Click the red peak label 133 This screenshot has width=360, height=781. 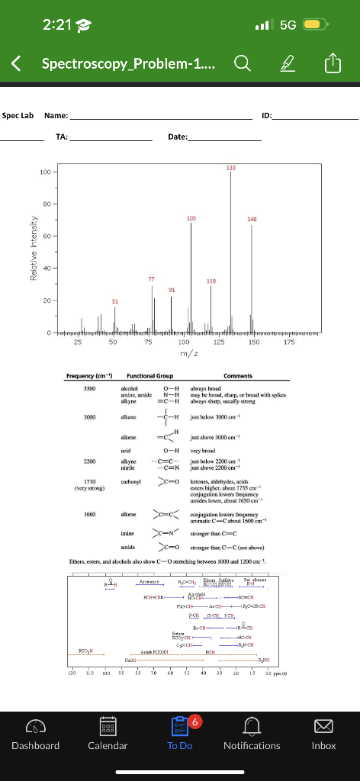[230, 167]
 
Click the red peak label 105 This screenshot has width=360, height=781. [191, 218]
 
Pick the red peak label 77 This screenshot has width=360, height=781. [152, 280]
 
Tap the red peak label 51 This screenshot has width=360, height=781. [115, 301]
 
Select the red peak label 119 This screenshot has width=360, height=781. [211, 281]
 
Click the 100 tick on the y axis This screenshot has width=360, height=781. [45, 172]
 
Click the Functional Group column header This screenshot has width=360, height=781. [149, 376]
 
